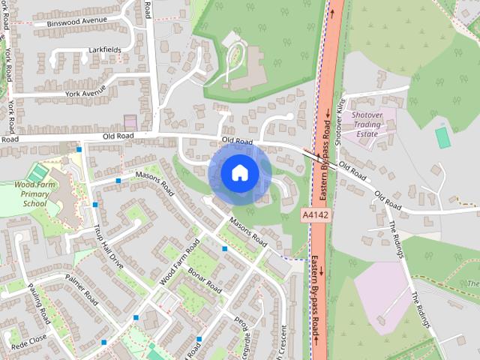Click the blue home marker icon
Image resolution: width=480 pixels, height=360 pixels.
(x=240, y=173)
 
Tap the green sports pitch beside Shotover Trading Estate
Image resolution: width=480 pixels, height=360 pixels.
(x=443, y=136)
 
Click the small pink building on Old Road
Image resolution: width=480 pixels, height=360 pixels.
(x=130, y=121)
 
